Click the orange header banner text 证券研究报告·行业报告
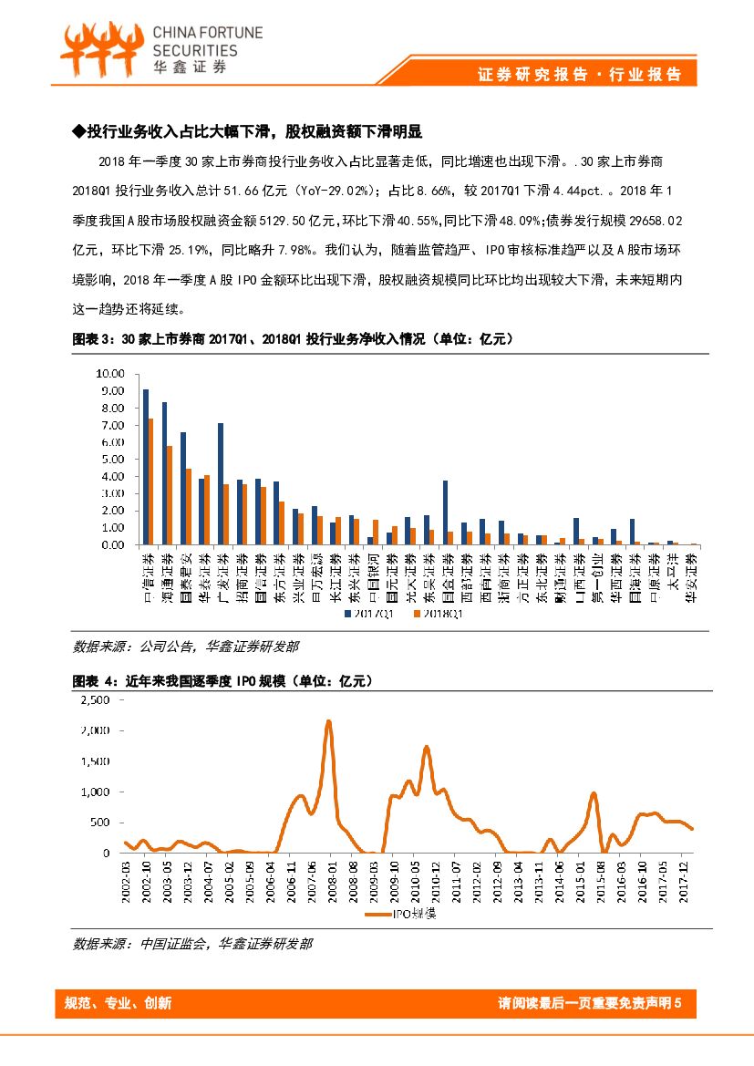tap(580, 75)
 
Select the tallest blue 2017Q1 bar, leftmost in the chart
tap(145, 467)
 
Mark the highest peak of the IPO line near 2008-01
tap(328, 722)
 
